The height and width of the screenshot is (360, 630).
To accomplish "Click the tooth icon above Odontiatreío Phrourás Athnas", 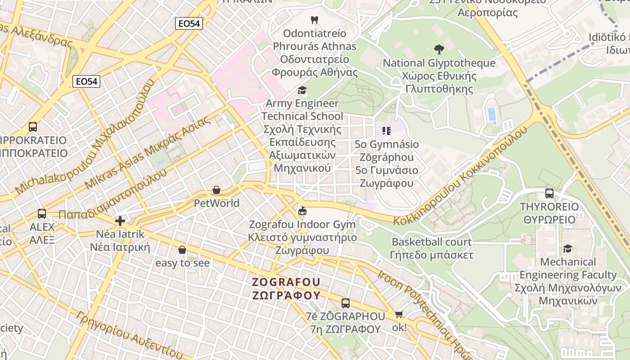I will coord(315,20).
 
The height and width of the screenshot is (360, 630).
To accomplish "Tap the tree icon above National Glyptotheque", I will coord(439,49).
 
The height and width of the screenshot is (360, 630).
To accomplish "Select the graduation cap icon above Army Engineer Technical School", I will coord(302,90).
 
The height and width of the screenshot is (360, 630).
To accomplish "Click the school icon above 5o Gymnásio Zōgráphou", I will coord(386,131).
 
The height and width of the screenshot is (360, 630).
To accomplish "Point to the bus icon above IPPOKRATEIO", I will coord(33,127).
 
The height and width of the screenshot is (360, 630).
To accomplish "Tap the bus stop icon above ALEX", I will coord(42,214).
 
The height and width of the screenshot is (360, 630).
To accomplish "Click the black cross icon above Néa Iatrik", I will coord(120,220).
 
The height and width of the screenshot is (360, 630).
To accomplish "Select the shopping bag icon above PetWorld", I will coord(216,190).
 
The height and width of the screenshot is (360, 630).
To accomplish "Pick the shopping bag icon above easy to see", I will coord(182,250).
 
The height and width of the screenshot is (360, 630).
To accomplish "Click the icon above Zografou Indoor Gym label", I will coord(302,211).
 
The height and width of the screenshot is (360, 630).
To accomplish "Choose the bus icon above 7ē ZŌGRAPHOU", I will coord(346,303).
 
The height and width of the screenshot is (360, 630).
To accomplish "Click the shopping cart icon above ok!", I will coord(399,315).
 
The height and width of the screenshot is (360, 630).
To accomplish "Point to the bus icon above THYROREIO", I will coord(549,193).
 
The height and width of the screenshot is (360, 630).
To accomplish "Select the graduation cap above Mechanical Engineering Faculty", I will coord(567,248).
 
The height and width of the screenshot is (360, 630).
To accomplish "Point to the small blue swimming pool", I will coord(492,114).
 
